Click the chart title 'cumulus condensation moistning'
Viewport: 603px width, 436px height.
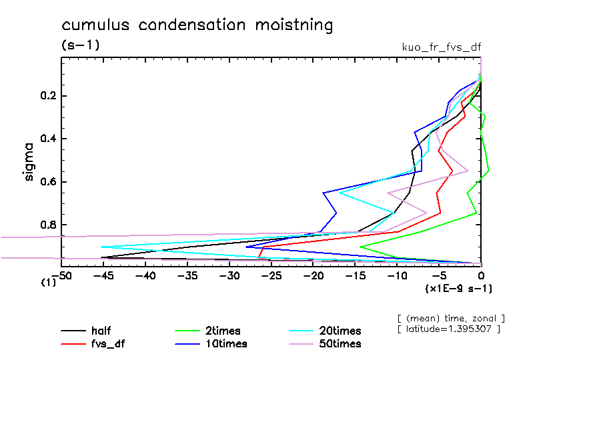[x=197, y=25]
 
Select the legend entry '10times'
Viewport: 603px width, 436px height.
[x=225, y=344]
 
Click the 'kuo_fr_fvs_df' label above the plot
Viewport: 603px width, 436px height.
[x=441, y=47]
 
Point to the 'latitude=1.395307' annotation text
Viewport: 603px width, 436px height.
[x=448, y=330]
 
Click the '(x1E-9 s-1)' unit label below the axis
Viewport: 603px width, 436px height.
[x=458, y=289]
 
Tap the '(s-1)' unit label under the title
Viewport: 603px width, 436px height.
[x=80, y=45]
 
